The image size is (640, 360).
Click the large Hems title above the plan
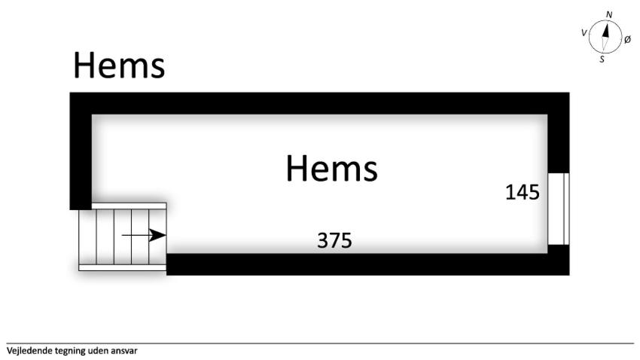pyautogui.click(x=119, y=66)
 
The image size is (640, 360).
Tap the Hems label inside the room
pyautogui.click(x=331, y=168)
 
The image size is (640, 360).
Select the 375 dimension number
pyautogui.click(x=334, y=240)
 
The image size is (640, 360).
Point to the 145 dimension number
pyautogui.click(x=523, y=192)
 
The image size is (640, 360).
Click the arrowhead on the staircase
pyautogui.click(x=157, y=235)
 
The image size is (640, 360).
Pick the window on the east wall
pyautogui.click(x=559, y=209)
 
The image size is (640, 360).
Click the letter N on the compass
pyautogui.click(x=609, y=15)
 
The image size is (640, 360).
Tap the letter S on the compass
pyautogui.click(x=602, y=59)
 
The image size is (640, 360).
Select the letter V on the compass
pyautogui.click(x=584, y=32)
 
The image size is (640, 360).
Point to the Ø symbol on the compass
pyautogui.click(x=628, y=40)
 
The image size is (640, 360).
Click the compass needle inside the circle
pyautogui.click(x=605, y=37)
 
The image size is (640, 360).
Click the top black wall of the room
pyautogui.click(x=319, y=103)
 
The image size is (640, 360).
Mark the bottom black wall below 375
pyautogui.click(x=367, y=264)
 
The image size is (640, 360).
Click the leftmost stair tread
pyautogui.click(x=87, y=237)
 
